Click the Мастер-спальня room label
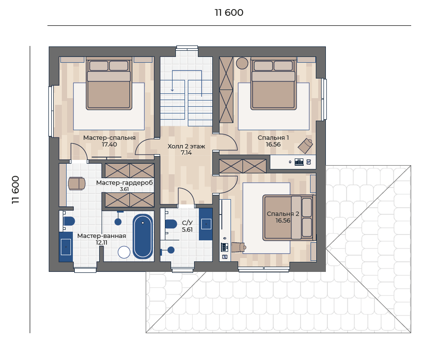[109, 138]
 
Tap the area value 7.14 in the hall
[186, 153]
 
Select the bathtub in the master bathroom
[143, 236]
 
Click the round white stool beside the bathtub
[124, 252]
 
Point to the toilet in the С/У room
[171, 224]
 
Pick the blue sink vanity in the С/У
[206, 224]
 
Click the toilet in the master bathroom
[69, 221]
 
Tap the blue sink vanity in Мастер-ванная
[66, 247]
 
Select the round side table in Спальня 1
[242, 63]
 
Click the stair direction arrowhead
[172, 90]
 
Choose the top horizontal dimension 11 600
[229, 12]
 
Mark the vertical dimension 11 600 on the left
[15, 190]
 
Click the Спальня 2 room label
[283, 214]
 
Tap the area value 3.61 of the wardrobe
[125, 189]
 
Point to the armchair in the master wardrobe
[77, 183]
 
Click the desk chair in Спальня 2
[239, 247]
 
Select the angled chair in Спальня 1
[305, 146]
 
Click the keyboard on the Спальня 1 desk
[299, 162]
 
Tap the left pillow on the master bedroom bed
[99, 66]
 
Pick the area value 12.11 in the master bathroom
[102, 242]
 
